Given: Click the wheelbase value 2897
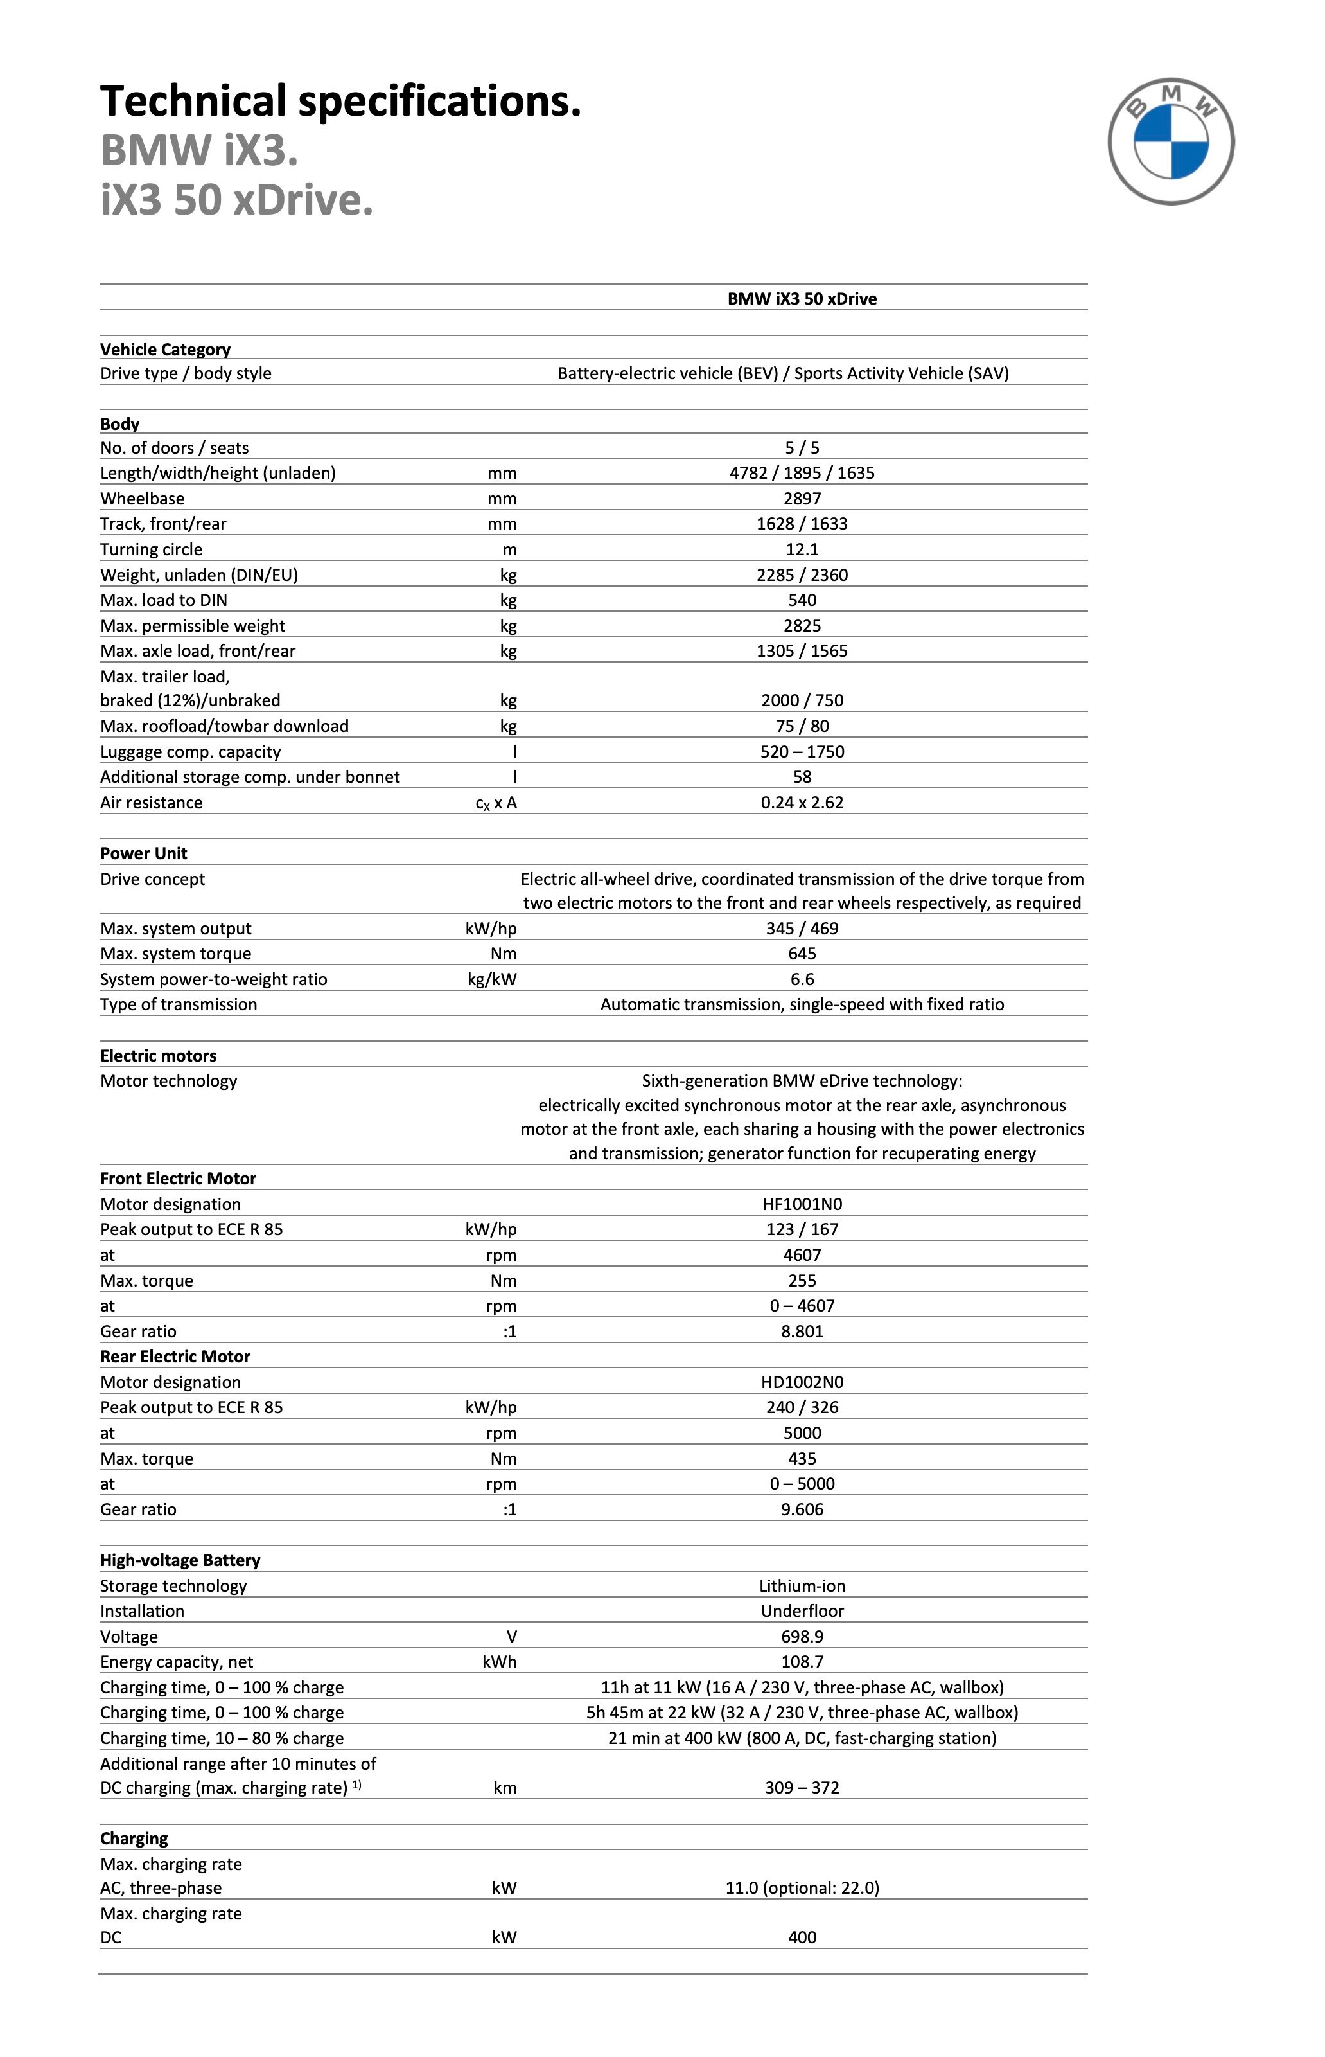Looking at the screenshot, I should click(x=802, y=498).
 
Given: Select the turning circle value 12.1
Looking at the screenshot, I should click(x=802, y=549).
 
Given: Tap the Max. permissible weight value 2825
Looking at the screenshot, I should click(x=802, y=626).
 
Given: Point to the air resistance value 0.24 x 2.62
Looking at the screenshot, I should click(x=802, y=802).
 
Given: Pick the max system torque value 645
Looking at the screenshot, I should click(x=802, y=954).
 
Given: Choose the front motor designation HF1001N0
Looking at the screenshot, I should click(x=802, y=1204).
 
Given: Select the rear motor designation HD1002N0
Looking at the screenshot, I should click(x=802, y=1382).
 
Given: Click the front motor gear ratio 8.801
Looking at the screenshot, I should click(x=802, y=1331).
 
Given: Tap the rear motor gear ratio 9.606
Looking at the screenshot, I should click(x=802, y=1509).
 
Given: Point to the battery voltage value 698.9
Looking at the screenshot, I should click(x=802, y=1636).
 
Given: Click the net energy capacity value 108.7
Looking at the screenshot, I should click(x=802, y=1662).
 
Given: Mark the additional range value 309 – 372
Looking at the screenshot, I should click(x=802, y=1788).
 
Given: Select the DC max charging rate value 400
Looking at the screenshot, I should click(x=802, y=1937).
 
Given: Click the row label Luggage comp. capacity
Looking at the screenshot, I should click(x=190, y=751).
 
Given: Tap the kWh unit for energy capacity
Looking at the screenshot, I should click(x=499, y=1662).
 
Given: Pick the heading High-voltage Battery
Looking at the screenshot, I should click(x=180, y=1560).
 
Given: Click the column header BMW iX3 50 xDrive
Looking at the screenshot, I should click(x=802, y=299).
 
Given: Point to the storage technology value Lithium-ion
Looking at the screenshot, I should click(x=802, y=1585).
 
